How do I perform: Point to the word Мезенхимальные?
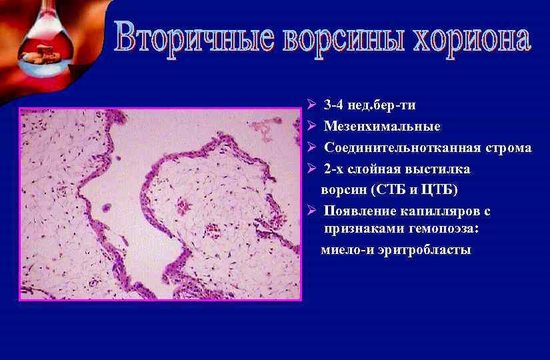(x=382, y=127)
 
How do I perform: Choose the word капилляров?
(x=447, y=211)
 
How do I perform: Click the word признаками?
(x=366, y=229)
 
